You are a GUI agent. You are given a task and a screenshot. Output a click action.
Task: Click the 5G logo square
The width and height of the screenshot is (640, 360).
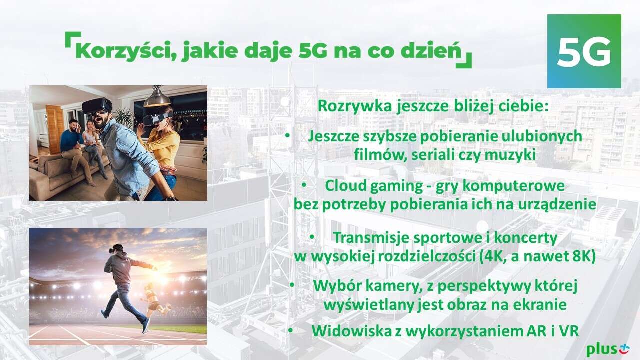click(x=584, y=51)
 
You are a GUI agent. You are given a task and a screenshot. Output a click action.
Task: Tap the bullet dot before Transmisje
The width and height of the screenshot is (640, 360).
click(x=312, y=236)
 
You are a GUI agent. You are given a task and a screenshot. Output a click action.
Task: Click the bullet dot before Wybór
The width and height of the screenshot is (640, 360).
click(x=292, y=285)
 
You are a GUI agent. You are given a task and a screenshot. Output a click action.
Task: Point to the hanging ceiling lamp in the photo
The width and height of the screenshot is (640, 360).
click(x=157, y=97)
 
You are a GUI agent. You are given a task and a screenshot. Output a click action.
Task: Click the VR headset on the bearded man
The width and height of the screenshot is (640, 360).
click(x=97, y=105)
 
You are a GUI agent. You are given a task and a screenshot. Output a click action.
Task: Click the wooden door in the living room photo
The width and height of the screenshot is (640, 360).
click(x=55, y=129)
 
